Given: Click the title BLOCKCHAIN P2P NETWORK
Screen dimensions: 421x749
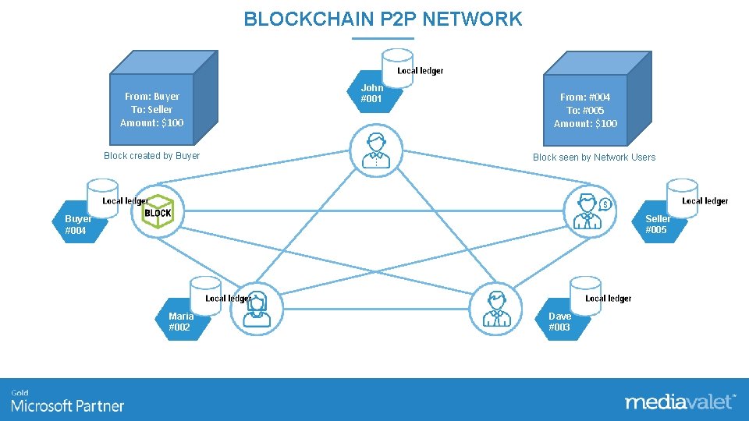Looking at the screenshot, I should pos(382,19).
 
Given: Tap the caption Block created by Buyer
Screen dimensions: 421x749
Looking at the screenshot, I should pos(151,156).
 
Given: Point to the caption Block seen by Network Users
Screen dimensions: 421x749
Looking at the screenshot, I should pos(594,157).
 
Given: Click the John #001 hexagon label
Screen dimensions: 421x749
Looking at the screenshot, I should pos(372,94).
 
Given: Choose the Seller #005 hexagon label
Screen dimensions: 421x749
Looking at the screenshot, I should pos(656,225).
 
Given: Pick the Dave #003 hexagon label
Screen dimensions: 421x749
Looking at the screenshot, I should pos(560,322).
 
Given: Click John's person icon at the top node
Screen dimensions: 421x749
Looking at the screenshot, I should pos(376,150).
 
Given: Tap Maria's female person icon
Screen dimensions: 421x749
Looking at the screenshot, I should pos(257,309).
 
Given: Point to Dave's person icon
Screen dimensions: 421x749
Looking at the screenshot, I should pos(495,309).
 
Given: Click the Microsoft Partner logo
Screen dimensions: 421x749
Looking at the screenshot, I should pos(67,402).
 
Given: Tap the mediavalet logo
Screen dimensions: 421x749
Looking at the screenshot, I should pos(679,402).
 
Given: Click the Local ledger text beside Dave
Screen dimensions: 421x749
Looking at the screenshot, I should pos(608,299).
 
